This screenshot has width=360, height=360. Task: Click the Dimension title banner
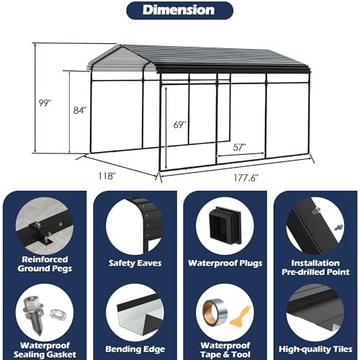click(180, 10)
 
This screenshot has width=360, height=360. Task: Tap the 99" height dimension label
click(45, 103)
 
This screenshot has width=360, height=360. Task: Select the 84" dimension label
click(80, 110)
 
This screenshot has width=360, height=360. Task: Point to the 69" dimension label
click(180, 125)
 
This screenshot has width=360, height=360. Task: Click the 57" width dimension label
click(240, 147)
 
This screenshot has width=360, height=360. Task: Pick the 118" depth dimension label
click(107, 176)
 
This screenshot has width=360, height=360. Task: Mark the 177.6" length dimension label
click(246, 178)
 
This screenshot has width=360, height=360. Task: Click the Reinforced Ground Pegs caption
click(45, 264)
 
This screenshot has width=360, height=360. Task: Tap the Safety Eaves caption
click(135, 263)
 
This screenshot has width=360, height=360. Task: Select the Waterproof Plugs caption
click(225, 264)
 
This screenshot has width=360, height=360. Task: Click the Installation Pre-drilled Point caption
click(315, 267)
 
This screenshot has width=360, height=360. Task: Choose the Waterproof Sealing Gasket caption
click(45, 350)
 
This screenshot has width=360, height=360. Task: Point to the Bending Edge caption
click(135, 349)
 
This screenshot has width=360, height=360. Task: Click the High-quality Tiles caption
click(315, 349)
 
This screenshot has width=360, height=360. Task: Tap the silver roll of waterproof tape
click(215, 311)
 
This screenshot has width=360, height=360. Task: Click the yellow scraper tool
click(240, 315)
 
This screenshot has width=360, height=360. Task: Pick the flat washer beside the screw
click(57, 314)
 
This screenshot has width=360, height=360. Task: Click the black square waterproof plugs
click(225, 225)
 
